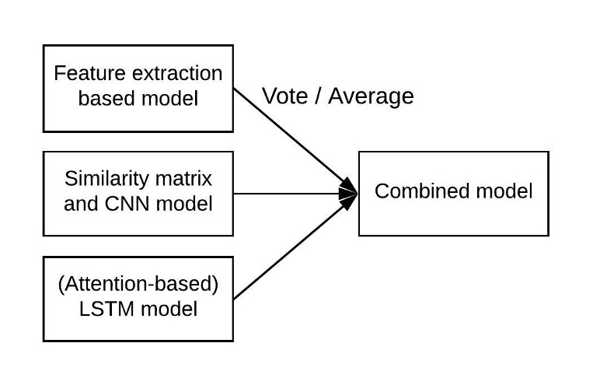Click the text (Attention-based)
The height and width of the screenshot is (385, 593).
point(138,284)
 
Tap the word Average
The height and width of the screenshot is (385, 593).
point(371,96)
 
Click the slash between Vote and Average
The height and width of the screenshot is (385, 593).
point(319,96)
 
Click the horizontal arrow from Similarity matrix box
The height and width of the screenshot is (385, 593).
point(288,193)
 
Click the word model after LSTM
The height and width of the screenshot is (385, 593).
point(171,309)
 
